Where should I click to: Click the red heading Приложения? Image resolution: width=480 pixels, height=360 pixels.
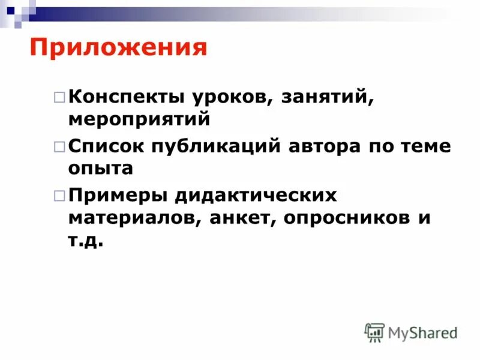point(118,47)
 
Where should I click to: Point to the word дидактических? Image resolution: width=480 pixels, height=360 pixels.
point(256,196)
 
